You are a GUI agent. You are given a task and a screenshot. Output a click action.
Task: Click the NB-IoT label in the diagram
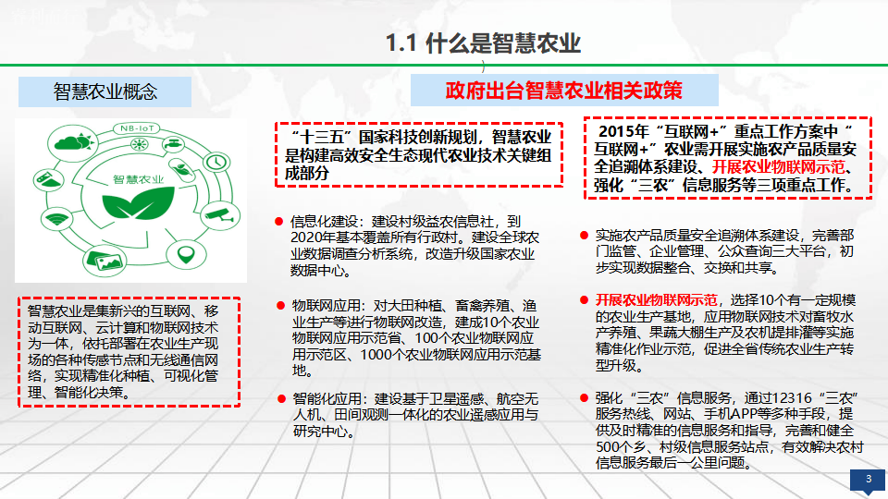tap(137, 128)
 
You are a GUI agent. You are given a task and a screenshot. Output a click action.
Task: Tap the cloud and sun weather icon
tap(72, 141)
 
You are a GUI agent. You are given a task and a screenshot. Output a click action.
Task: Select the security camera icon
tap(220, 214)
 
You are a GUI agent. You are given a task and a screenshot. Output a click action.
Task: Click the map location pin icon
tap(186, 254)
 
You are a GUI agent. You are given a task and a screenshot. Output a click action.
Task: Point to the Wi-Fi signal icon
tap(57, 218)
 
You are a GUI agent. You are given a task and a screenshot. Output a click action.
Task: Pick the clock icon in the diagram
tap(216, 163)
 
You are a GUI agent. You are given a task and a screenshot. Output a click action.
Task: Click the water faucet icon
tap(173, 144)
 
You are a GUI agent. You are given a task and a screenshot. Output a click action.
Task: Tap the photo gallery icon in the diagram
tap(106, 261)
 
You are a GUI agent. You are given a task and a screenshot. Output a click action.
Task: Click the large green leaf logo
tap(138, 203)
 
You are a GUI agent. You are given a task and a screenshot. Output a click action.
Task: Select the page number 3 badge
tap(868, 481)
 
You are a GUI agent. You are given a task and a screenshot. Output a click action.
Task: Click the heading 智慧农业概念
tap(105, 91)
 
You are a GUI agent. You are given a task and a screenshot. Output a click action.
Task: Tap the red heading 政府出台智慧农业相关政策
tap(563, 91)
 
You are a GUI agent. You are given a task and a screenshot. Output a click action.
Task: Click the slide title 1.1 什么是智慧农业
tap(483, 43)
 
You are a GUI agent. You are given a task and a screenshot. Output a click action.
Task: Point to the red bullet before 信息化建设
tap(278, 222)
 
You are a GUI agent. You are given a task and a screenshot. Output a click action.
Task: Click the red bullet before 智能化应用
tap(281, 399)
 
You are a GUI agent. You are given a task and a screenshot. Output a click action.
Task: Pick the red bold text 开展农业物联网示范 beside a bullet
tap(657, 300)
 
